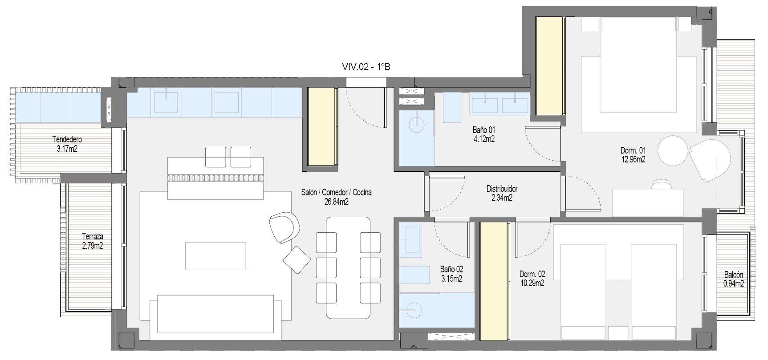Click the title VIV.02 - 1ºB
[x=366, y=67]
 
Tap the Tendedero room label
[x=67, y=140]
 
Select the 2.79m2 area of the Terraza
[x=93, y=245]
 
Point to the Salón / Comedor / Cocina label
[x=337, y=193]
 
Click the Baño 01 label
[x=484, y=130]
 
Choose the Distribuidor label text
[x=502, y=189]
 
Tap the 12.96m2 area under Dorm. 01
[x=633, y=159]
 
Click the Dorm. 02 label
[x=532, y=274]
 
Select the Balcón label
[x=733, y=275]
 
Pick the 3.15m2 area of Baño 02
[x=451, y=279]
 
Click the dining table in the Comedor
[x=349, y=267]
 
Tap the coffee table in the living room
[x=215, y=256]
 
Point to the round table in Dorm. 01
[x=674, y=150]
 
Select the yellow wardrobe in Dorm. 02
[x=494, y=281]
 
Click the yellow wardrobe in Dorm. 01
[x=549, y=66]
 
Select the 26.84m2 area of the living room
[x=337, y=202]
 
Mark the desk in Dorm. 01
[x=648, y=202]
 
